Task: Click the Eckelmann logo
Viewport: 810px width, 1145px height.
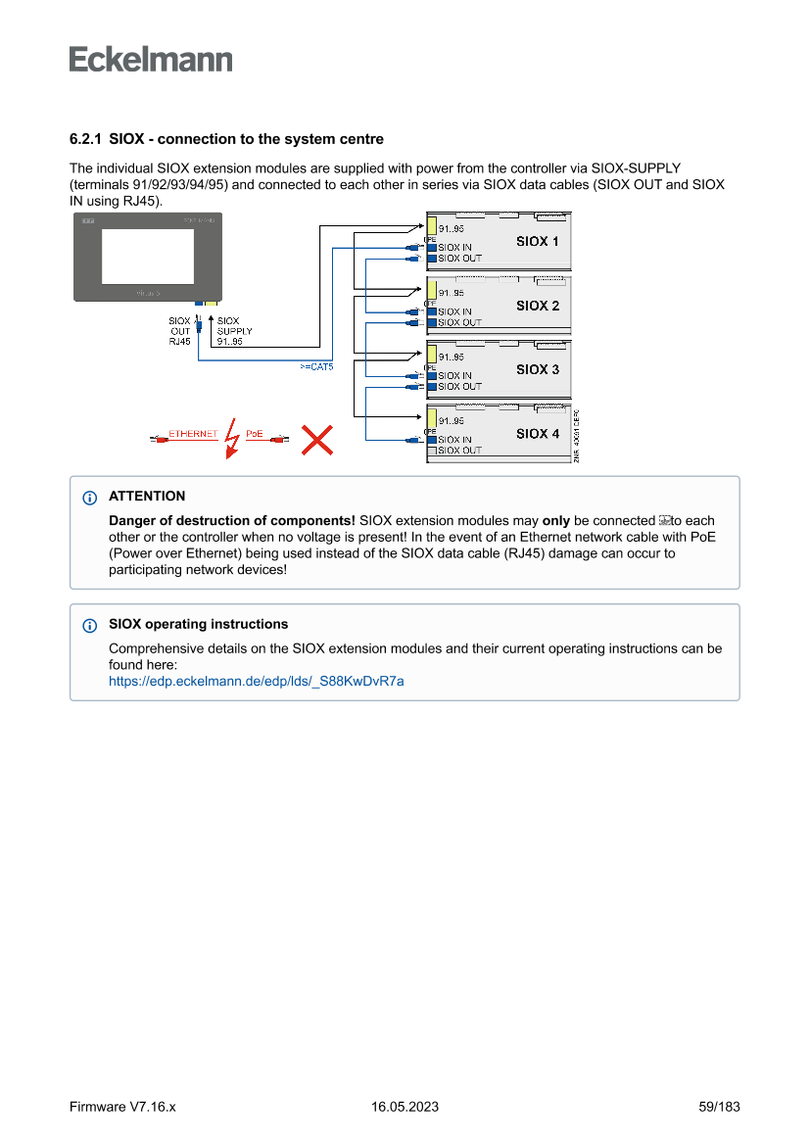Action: coord(151,59)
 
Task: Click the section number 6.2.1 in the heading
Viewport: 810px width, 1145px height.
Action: coord(85,139)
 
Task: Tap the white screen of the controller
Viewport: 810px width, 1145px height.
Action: coord(147,257)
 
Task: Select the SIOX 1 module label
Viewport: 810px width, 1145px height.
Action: coord(538,241)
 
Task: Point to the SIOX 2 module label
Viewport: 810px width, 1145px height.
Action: coord(538,306)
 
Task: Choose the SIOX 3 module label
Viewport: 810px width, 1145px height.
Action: coord(538,369)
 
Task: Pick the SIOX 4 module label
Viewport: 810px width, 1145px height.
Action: coord(538,433)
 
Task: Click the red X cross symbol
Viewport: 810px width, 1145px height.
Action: coord(315,440)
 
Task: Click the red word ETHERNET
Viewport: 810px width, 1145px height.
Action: coord(193,433)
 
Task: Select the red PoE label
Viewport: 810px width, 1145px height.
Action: coord(255,433)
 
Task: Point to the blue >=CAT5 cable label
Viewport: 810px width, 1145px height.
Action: coord(316,366)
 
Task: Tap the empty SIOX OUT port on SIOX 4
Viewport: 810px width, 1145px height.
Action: coord(431,451)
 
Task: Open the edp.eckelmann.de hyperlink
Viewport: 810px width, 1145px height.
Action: coord(256,681)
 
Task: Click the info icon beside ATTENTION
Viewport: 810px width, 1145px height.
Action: coord(90,498)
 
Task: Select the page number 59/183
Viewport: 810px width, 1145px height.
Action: coord(719,1107)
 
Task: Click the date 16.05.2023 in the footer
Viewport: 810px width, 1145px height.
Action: coord(405,1107)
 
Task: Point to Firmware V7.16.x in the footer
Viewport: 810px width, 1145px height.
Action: coord(122,1107)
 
